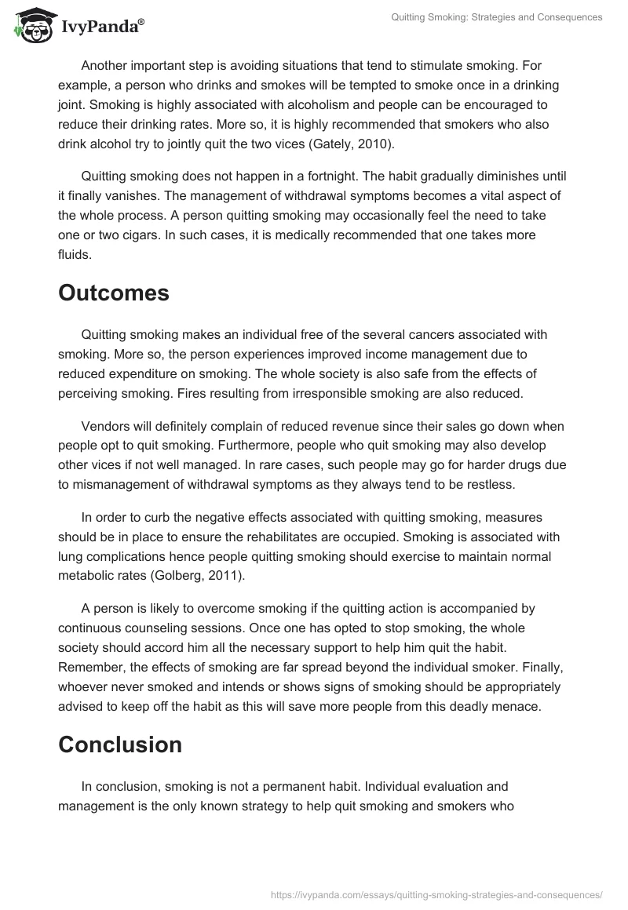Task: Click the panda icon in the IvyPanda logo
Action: coord(32,26)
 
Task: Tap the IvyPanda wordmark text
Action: coord(102,28)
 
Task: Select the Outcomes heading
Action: coord(113,293)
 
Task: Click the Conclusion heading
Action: coord(120,744)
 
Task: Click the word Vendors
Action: coord(106,426)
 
